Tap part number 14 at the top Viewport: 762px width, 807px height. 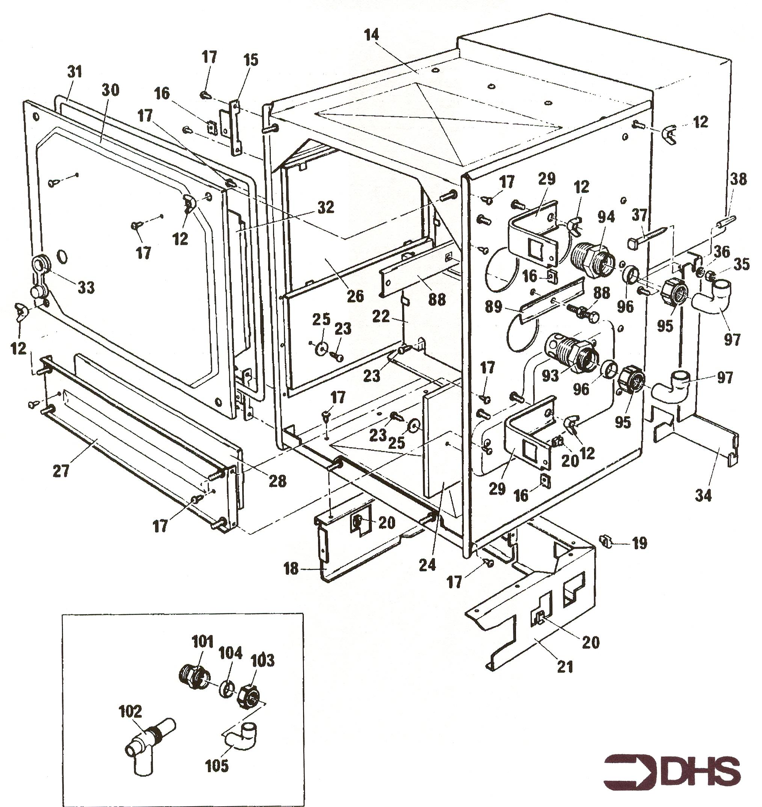(371, 35)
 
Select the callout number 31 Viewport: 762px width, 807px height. (74, 71)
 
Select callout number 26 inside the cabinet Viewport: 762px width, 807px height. (355, 295)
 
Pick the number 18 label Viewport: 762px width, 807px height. (291, 569)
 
